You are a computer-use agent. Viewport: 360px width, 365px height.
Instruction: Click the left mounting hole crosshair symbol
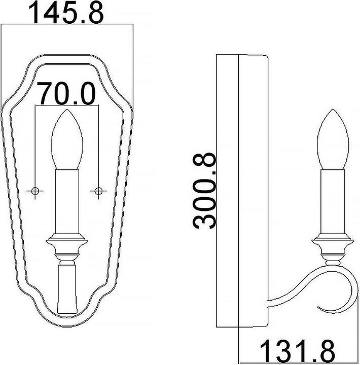35,191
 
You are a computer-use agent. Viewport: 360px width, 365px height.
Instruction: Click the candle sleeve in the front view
67,203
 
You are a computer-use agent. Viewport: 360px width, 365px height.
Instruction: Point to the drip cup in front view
67,240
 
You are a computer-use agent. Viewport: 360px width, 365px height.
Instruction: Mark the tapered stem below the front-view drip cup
67,289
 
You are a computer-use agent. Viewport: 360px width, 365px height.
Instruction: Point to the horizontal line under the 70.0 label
67,106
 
